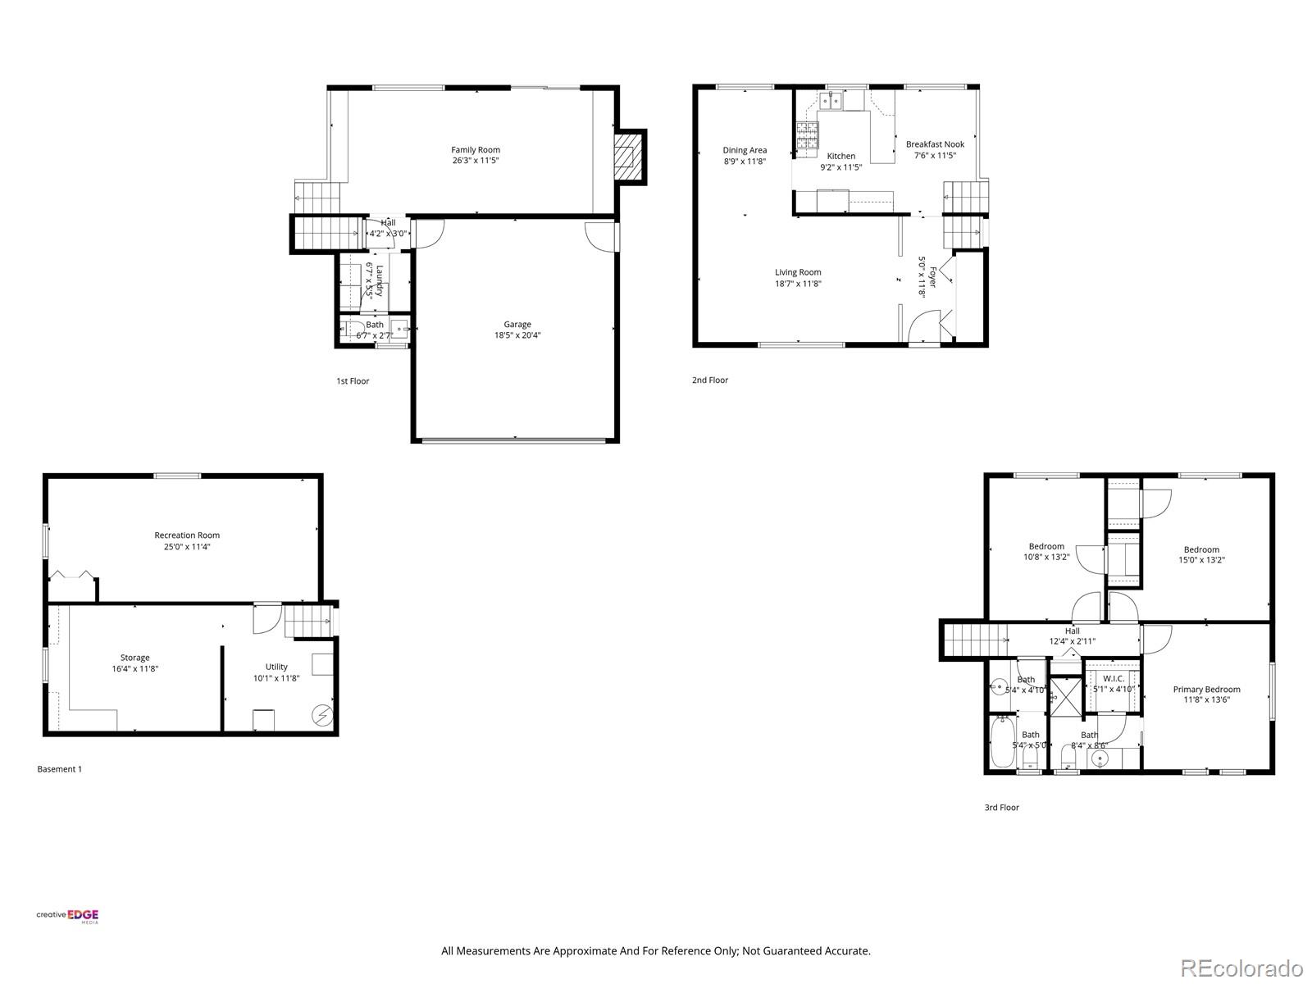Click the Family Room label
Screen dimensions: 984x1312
(x=475, y=150)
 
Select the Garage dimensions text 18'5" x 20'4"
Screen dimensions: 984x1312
(x=517, y=335)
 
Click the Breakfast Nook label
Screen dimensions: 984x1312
(x=935, y=144)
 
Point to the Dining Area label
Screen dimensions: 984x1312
(x=745, y=150)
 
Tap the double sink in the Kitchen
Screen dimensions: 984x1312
(x=834, y=102)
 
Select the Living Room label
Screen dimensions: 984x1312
(x=798, y=272)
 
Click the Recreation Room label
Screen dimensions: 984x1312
(x=187, y=535)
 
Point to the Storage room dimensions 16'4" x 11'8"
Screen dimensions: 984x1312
(x=135, y=669)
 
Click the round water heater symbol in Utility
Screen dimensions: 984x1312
(x=322, y=716)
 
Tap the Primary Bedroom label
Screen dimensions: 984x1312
(x=1206, y=690)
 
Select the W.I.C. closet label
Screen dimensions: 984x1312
(x=1114, y=679)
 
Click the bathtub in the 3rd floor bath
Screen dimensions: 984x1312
(x=1002, y=742)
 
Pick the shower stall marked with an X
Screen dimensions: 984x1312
(x=1065, y=695)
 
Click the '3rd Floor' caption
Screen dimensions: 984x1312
(x=1001, y=808)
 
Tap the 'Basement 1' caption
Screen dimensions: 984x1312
(x=60, y=769)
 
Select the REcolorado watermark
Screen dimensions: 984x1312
(x=1241, y=968)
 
